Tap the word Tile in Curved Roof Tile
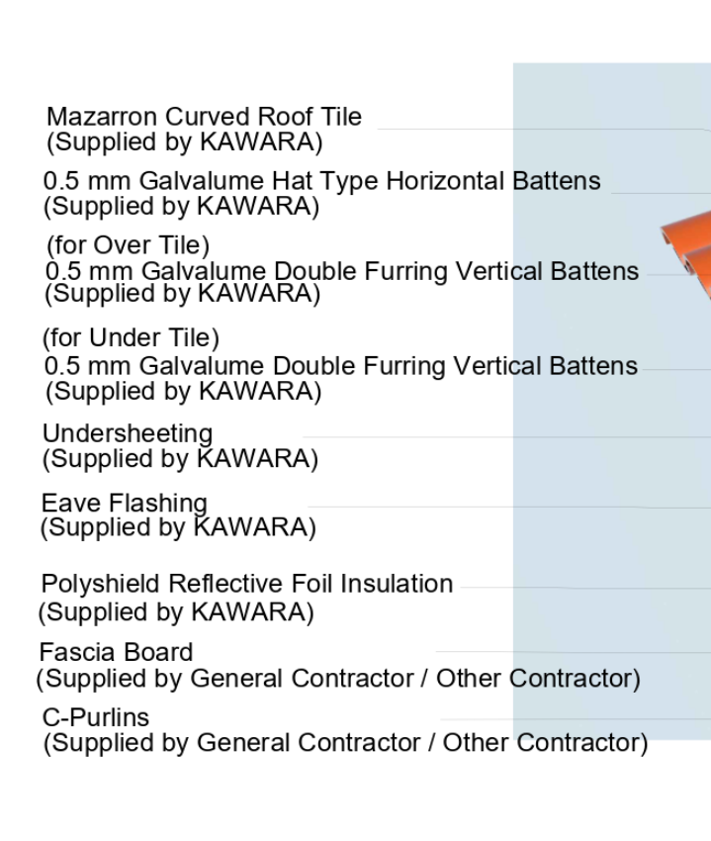(341, 117)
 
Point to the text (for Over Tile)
(129, 245)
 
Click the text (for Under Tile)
(131, 338)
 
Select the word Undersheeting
(128, 434)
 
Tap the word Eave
(71, 503)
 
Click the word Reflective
(226, 584)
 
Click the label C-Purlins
(96, 717)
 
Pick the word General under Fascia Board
(236, 679)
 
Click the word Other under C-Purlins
(475, 743)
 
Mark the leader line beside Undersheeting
(506, 437)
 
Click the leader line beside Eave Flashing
(509, 507)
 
